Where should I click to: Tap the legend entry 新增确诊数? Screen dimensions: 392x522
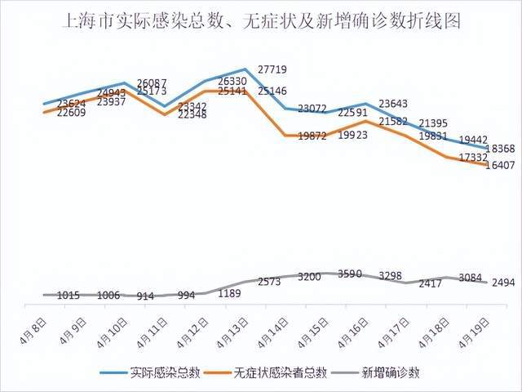tap(392, 372)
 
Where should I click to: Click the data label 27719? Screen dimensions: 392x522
tap(272, 70)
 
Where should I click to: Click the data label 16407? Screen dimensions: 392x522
tap(499, 166)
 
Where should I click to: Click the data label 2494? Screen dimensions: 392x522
tap(503, 282)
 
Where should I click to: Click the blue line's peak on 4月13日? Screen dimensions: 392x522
tap(246, 69)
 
